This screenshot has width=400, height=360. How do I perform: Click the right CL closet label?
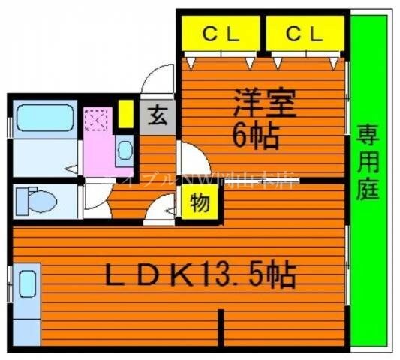coord(304,34)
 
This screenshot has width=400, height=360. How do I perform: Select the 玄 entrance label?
coord(158,116)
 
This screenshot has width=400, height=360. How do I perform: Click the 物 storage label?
coord(200,203)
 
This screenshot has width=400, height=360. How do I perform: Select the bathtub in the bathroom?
coord(43,118)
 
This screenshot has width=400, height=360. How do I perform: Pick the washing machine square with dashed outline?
coord(98,120)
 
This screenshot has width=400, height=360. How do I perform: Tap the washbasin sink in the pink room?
coord(125,153)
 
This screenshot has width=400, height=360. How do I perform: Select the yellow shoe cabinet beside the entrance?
coord(126,112)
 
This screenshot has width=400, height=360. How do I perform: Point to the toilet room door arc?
coord(95,197)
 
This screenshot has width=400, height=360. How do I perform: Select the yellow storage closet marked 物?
coord(200,204)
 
